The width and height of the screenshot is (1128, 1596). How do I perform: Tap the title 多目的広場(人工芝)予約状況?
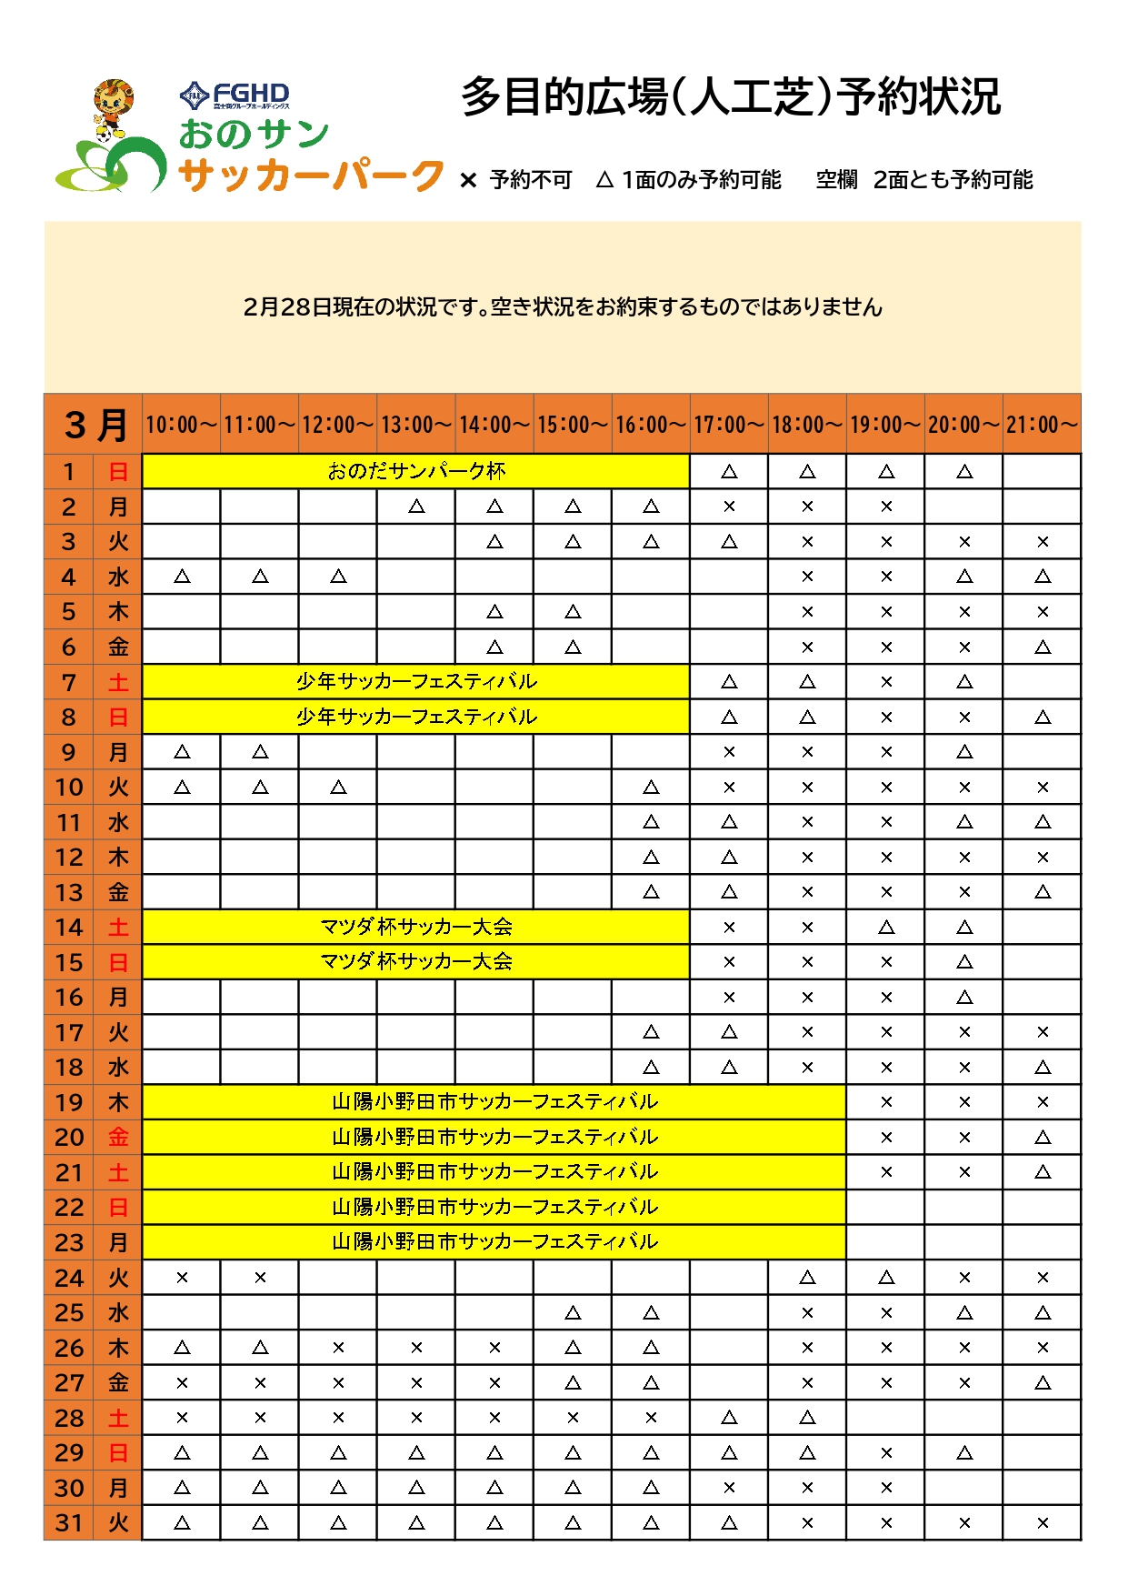tap(731, 97)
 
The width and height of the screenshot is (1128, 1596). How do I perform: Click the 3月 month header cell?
tap(94, 425)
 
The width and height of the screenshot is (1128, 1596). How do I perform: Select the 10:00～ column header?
tap(182, 425)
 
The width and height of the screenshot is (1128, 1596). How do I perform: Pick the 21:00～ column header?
tap(1042, 425)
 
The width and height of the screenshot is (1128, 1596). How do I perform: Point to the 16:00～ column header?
tap(651, 425)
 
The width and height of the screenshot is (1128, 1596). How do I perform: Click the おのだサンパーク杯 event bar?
tap(416, 471)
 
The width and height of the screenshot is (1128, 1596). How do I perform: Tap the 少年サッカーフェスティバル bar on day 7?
tap(416, 681)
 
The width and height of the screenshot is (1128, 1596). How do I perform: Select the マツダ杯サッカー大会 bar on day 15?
tap(416, 961)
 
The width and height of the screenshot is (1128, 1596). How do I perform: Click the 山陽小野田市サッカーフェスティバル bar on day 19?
tap(494, 1101)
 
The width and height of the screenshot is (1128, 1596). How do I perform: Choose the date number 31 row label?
tap(69, 1522)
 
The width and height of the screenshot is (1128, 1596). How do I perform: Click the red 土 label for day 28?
tap(118, 1418)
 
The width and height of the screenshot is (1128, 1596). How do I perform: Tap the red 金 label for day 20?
tap(118, 1137)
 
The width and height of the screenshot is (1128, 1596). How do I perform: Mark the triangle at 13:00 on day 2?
tap(416, 507)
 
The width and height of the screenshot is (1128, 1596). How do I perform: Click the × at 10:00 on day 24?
tap(182, 1278)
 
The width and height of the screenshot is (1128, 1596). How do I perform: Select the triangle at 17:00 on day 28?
tap(729, 1418)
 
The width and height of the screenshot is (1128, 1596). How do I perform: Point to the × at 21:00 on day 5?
tap(1043, 612)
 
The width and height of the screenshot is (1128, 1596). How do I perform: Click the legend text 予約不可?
tap(531, 180)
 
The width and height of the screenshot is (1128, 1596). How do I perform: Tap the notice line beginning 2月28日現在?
tap(563, 307)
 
